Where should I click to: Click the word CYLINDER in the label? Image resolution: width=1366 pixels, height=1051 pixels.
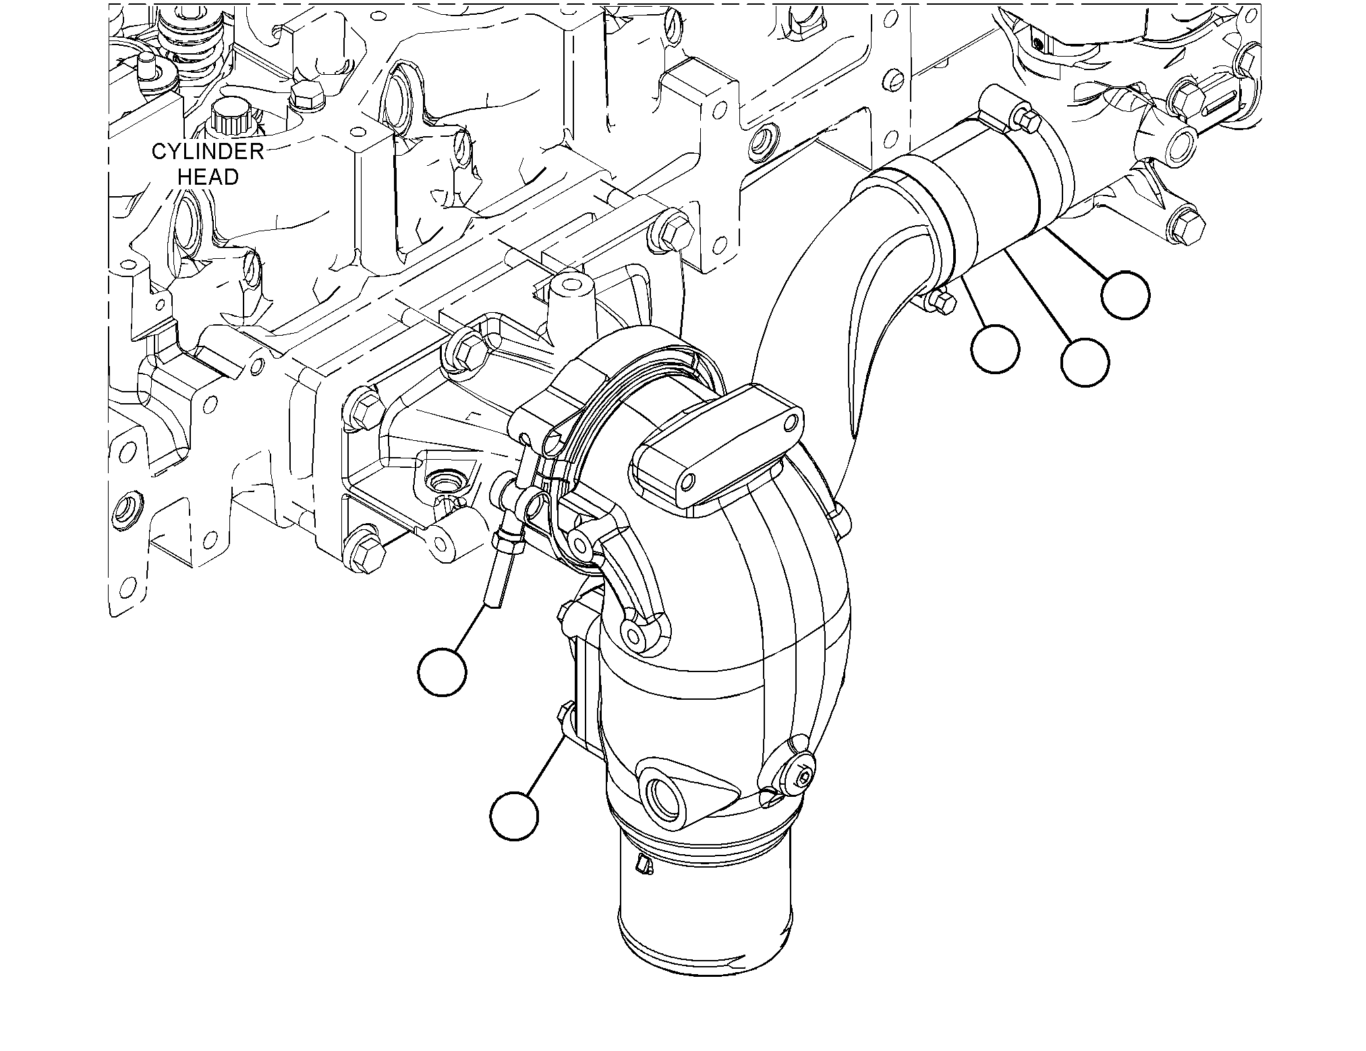tap(207, 152)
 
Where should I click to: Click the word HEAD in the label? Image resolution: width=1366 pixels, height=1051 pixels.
tap(208, 177)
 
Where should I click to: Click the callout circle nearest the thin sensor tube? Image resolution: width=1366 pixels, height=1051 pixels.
tap(442, 671)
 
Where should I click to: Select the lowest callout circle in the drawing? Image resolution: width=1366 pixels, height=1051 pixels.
tap(514, 816)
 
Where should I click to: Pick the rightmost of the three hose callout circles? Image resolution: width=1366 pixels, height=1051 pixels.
tap(1125, 295)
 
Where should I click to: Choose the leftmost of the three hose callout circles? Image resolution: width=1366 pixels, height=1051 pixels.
tap(995, 349)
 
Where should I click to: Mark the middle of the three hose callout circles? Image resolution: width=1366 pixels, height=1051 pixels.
tap(1084, 362)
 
